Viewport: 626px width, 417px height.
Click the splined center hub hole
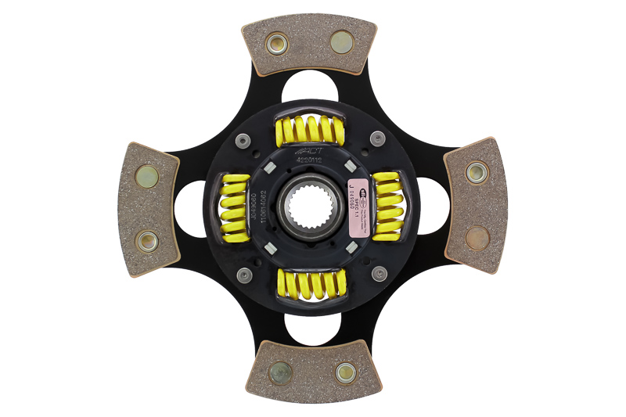tap(311, 207)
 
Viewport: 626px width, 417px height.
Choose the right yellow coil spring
tap(387, 205)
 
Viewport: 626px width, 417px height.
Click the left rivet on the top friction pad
tap(277, 43)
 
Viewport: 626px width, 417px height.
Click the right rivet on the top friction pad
tap(342, 41)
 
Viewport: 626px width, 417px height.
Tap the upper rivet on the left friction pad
tap(146, 177)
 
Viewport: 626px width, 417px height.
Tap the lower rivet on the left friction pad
tap(146, 241)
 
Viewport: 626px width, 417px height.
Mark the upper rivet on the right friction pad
tap(476, 172)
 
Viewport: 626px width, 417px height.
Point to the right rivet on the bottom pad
tap(345, 372)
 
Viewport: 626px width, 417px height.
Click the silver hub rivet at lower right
tap(380, 273)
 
